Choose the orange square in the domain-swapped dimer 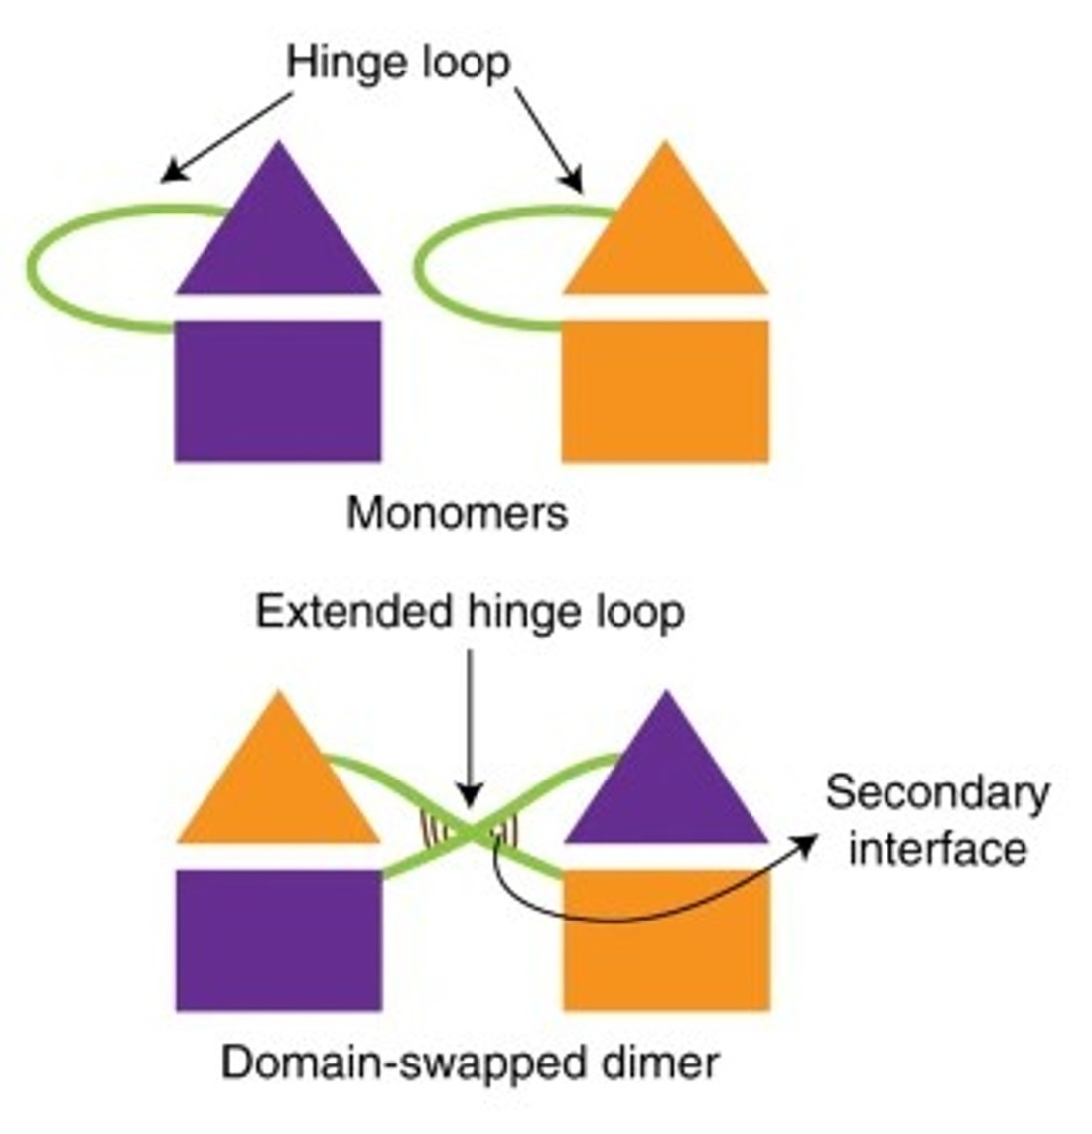(x=666, y=943)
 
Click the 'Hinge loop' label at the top (x=398, y=63)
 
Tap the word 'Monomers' (x=457, y=513)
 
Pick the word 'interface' (x=937, y=849)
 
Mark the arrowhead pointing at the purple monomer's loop (x=169, y=175)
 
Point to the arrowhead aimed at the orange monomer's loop (x=574, y=183)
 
